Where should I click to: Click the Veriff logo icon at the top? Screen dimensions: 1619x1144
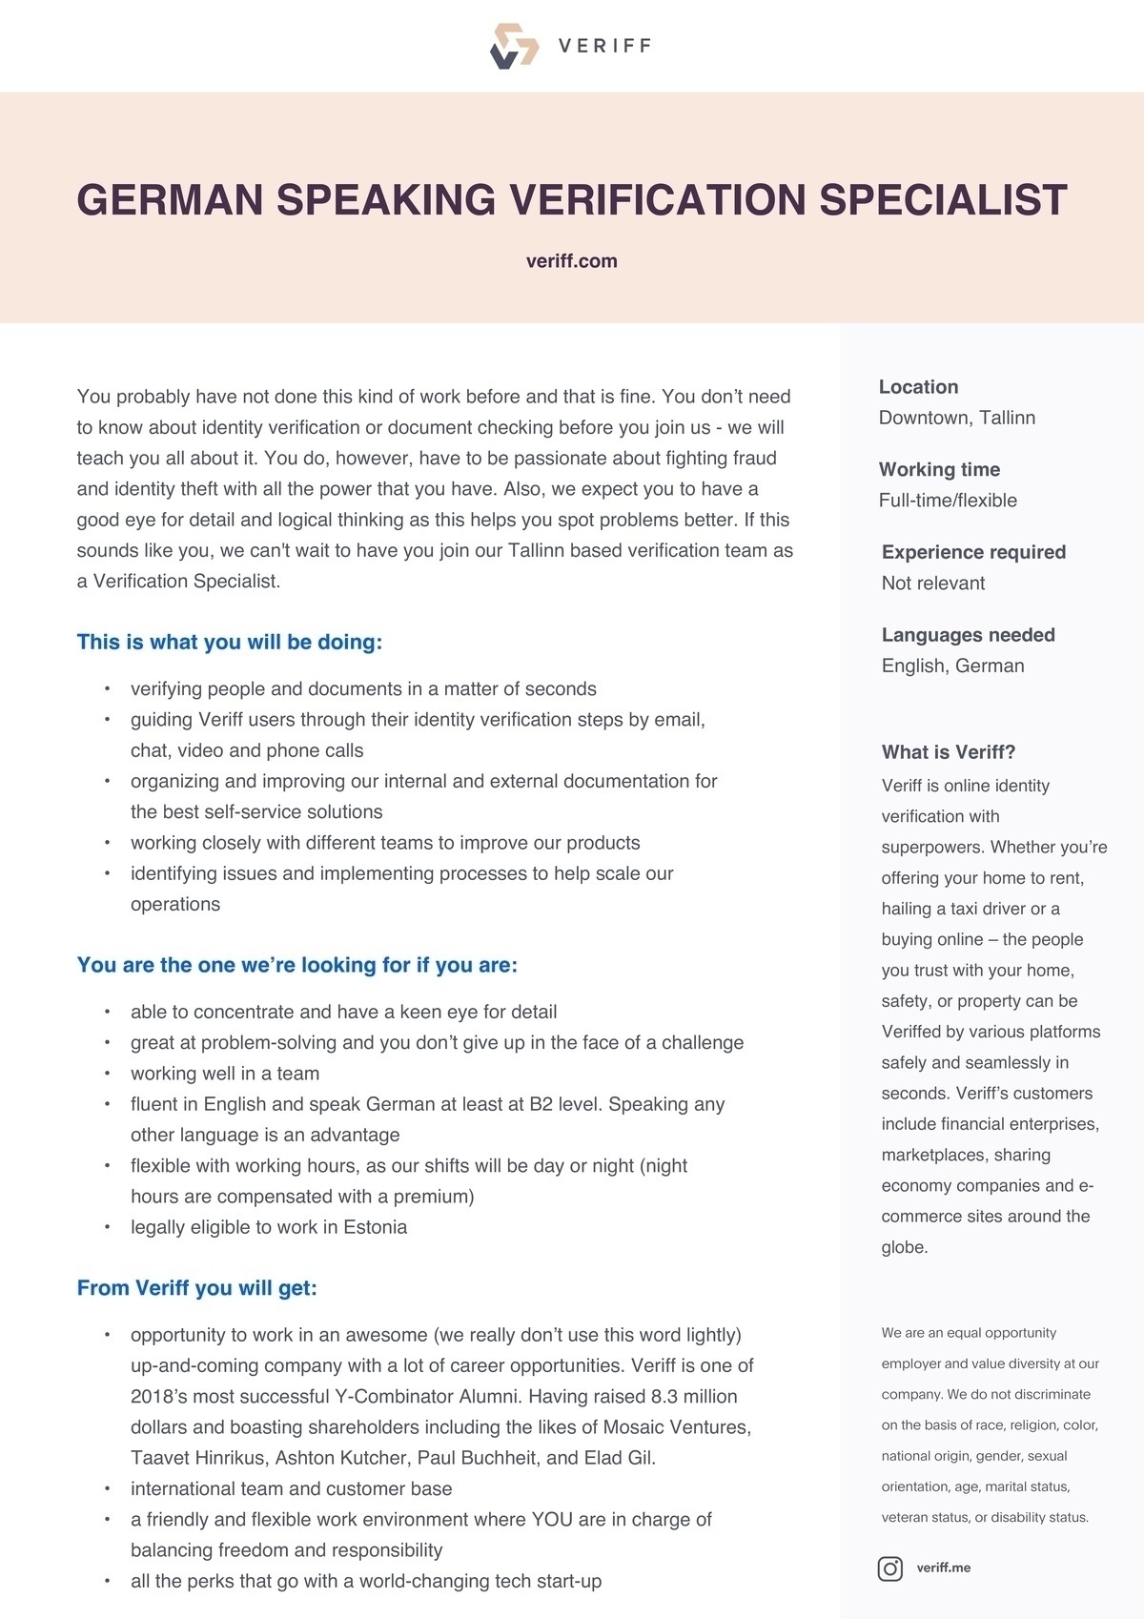514,46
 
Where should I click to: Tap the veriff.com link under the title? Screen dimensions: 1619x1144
571,261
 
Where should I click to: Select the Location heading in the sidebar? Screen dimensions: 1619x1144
918,387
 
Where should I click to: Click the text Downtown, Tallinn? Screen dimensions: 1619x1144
956,418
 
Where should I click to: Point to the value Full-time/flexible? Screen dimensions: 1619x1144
948,501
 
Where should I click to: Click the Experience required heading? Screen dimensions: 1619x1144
973,552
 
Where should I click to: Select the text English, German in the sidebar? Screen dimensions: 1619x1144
952,666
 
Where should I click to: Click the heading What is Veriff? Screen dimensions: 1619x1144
949,752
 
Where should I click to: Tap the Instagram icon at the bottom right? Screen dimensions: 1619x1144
889,1568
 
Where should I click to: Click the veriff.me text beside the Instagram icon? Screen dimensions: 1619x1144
943,1568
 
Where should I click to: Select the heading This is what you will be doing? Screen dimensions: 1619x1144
229,642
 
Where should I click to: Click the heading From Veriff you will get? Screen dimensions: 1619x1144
196,1288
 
